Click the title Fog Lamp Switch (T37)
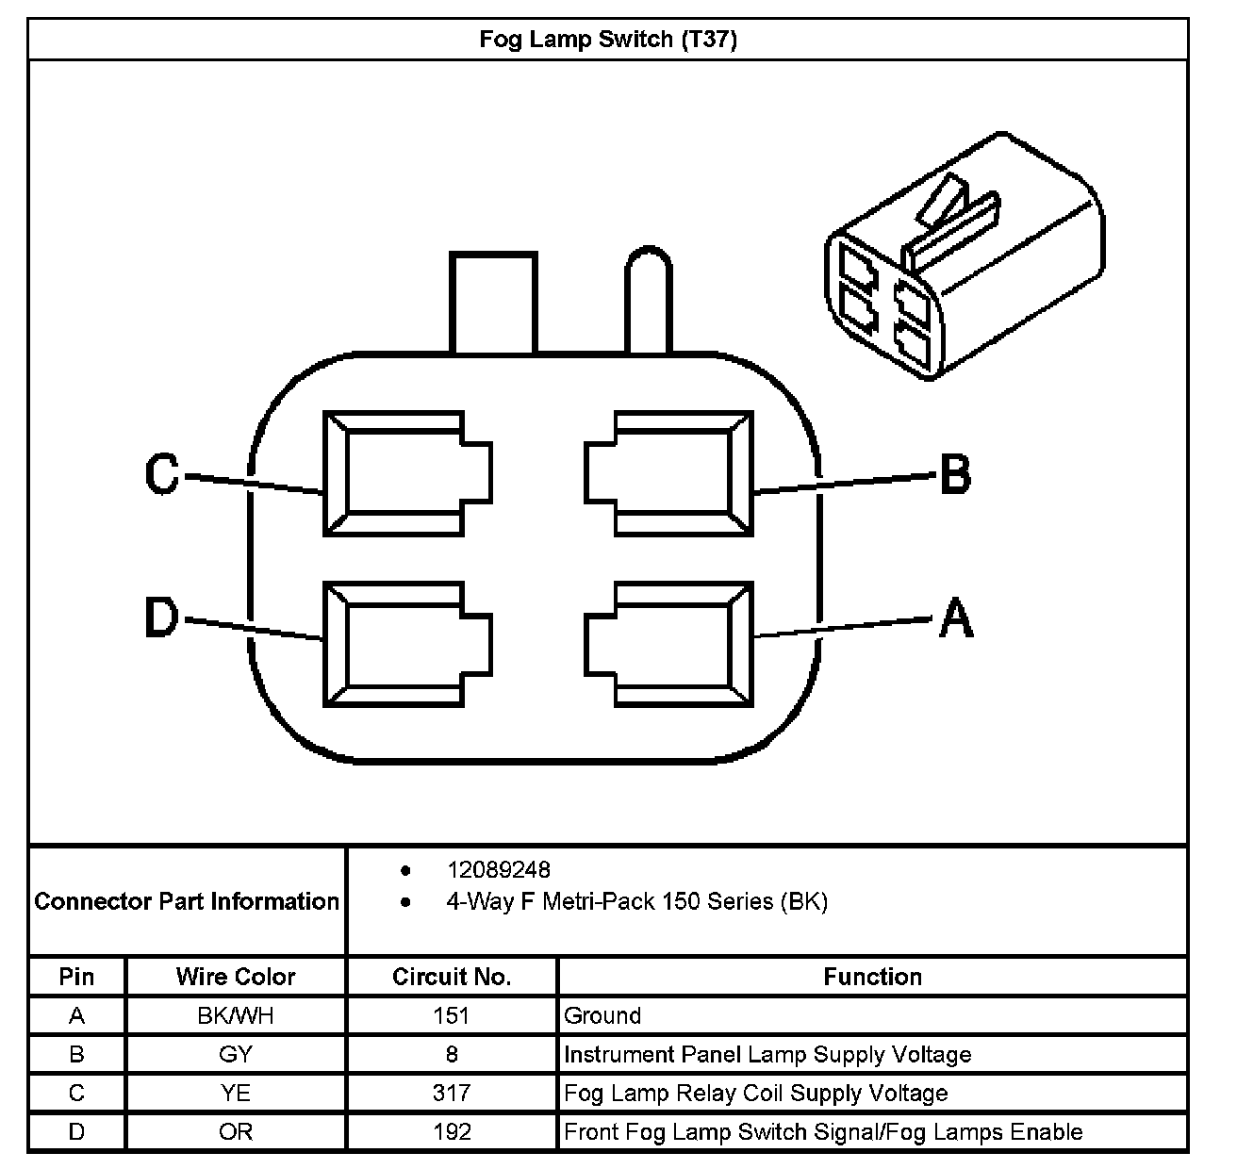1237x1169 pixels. coord(608,40)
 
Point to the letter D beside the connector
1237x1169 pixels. coord(161,618)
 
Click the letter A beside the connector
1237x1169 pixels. coord(955,619)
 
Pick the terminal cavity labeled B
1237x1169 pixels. coord(670,473)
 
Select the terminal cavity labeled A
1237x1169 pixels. coord(670,644)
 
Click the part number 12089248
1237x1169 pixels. coord(498,869)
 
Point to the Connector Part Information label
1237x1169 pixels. coord(187,901)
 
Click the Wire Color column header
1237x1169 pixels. coord(236,977)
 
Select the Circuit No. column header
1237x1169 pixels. coord(452,977)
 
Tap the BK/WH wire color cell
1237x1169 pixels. coord(236,1015)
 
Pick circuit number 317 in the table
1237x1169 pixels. coord(452,1093)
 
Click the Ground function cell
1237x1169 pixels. coord(602,1015)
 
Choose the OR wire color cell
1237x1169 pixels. coord(236,1131)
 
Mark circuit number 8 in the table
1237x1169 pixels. coord(452,1054)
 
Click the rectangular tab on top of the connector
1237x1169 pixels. coord(493,302)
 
